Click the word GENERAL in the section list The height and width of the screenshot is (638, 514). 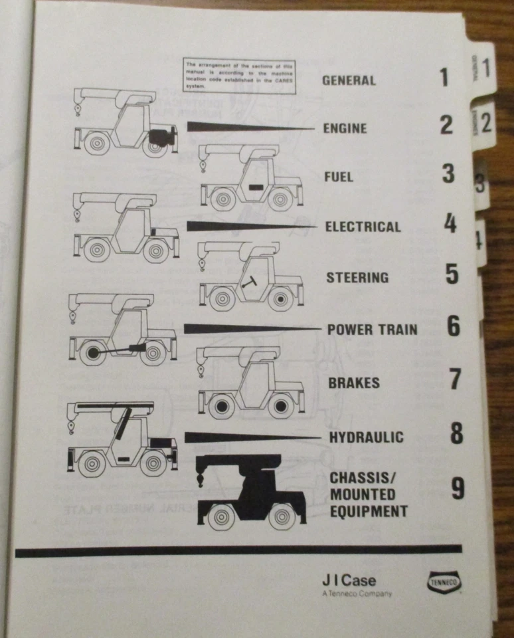point(349,80)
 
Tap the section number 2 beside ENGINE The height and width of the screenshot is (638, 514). point(446,125)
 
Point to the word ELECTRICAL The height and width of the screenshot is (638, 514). point(363,227)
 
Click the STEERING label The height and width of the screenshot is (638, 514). point(357,277)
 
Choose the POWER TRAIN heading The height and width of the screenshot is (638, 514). point(372,330)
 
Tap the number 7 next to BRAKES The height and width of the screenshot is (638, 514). point(454,379)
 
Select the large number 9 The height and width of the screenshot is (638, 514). point(458,490)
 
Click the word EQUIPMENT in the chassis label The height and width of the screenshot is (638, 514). point(369,511)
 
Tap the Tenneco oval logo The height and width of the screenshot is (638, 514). point(445,583)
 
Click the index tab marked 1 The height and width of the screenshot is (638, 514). point(485,68)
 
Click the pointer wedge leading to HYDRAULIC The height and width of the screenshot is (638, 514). point(252,437)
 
